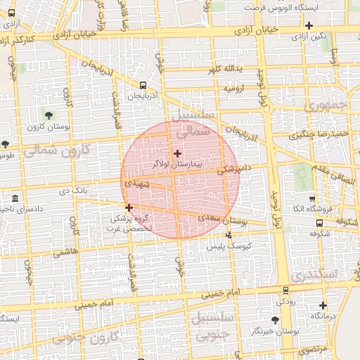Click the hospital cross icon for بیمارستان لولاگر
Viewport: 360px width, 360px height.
(x=176, y=153)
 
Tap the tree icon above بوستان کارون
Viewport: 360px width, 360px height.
(x=49, y=115)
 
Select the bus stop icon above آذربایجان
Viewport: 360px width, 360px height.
(x=143, y=85)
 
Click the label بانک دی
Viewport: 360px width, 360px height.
(x=72, y=191)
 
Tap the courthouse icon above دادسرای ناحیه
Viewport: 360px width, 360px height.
(x=15, y=199)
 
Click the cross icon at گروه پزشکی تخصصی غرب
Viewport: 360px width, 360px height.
(x=129, y=207)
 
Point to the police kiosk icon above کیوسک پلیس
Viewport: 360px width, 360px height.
(x=228, y=236)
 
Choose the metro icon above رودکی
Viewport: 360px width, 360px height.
(x=285, y=290)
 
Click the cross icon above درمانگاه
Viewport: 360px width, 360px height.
(x=323, y=305)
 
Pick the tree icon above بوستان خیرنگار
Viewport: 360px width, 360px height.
(x=265, y=320)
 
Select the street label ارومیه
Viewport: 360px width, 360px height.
(x=234, y=89)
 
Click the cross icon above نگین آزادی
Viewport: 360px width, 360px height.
(x=309, y=26)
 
